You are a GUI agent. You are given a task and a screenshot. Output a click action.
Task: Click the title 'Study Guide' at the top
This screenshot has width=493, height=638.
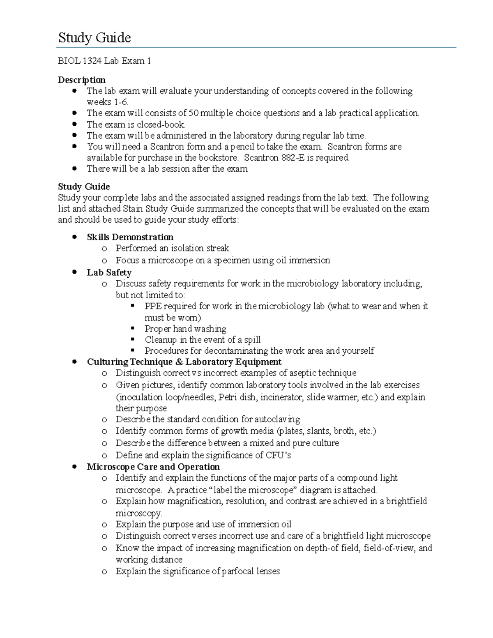[94, 38]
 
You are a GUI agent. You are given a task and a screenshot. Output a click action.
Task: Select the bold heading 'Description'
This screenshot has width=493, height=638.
[81, 80]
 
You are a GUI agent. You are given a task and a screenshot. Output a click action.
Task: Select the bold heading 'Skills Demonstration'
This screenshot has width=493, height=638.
[130, 237]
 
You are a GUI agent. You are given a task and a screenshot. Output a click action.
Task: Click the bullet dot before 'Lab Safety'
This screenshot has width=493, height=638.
[74, 272]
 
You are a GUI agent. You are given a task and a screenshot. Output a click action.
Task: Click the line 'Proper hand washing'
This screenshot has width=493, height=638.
[185, 329]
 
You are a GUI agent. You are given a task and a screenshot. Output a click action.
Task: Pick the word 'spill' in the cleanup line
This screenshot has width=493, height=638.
[252, 340]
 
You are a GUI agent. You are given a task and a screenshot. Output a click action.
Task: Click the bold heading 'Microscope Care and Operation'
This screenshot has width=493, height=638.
[153, 467]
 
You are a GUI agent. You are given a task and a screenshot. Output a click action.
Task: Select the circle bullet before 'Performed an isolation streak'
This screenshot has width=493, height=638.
[105, 248]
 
